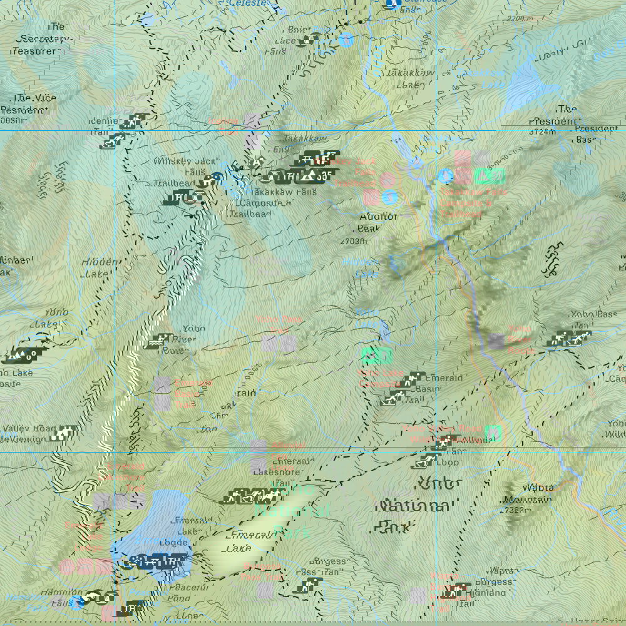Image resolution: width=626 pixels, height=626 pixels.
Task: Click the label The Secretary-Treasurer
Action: tap(44, 39)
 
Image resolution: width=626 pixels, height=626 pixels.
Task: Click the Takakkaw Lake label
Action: tap(401, 79)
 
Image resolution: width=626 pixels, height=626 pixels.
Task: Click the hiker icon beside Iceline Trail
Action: tap(132, 121)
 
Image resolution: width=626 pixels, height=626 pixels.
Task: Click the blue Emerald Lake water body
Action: tap(153, 526)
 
